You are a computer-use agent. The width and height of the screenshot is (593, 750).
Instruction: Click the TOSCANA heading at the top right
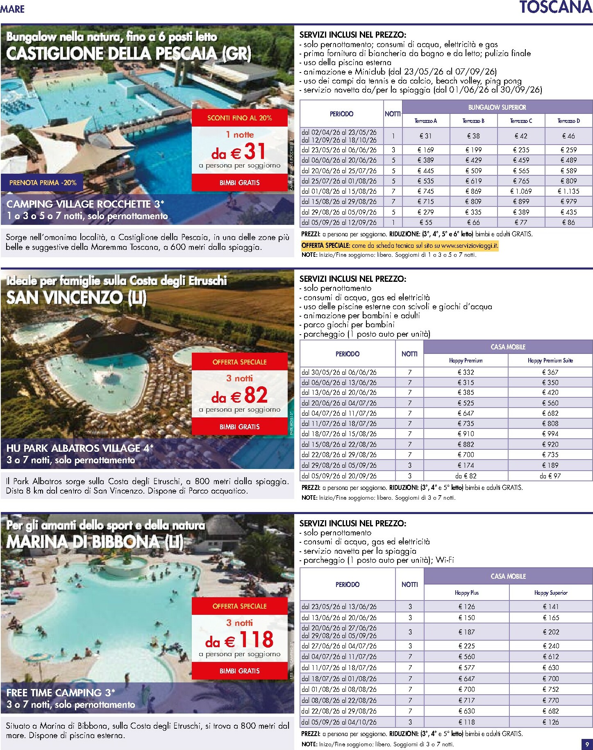555,8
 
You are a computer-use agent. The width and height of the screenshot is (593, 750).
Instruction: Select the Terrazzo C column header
521,121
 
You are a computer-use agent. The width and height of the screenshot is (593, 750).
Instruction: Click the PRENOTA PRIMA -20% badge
43,183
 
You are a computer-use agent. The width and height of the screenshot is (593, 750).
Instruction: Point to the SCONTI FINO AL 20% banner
239,118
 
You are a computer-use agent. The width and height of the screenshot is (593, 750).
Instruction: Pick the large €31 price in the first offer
239,152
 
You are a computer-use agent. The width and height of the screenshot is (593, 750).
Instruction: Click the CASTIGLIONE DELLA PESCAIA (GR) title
129,54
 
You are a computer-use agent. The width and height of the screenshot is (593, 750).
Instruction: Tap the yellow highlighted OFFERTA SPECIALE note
400,246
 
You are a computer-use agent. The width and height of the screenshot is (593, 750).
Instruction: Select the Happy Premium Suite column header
550,360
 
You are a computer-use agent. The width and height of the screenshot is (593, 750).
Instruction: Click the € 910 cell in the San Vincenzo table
466,434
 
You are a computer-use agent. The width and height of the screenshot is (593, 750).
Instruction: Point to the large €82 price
239,396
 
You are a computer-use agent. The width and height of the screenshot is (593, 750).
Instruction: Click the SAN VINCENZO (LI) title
77,298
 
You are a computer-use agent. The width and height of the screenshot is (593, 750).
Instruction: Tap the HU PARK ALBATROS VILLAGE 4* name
80,448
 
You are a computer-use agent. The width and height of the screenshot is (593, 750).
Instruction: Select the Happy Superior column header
550,593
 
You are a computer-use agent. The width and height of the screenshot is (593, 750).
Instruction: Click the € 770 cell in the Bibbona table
550,700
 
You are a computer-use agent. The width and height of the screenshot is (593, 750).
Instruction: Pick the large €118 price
239,640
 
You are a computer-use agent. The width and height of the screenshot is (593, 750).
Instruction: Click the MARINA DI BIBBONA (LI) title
95,542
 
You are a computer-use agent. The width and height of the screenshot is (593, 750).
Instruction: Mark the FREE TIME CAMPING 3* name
61,693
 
